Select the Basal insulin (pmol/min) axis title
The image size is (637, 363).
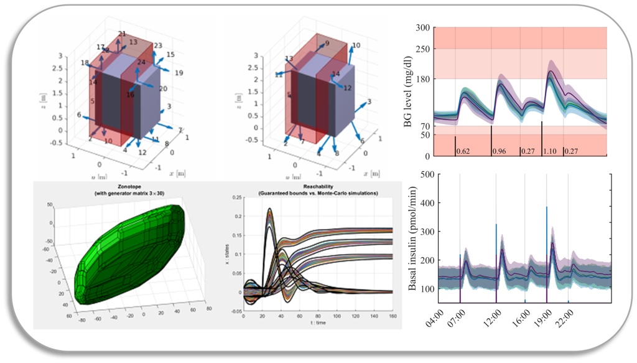(412, 238)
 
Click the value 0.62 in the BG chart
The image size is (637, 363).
(463, 151)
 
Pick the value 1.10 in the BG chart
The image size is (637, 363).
(551, 151)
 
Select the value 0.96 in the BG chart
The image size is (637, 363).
(499, 151)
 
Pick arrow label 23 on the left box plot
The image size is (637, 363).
(158, 45)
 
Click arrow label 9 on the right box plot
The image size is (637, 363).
(327, 44)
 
